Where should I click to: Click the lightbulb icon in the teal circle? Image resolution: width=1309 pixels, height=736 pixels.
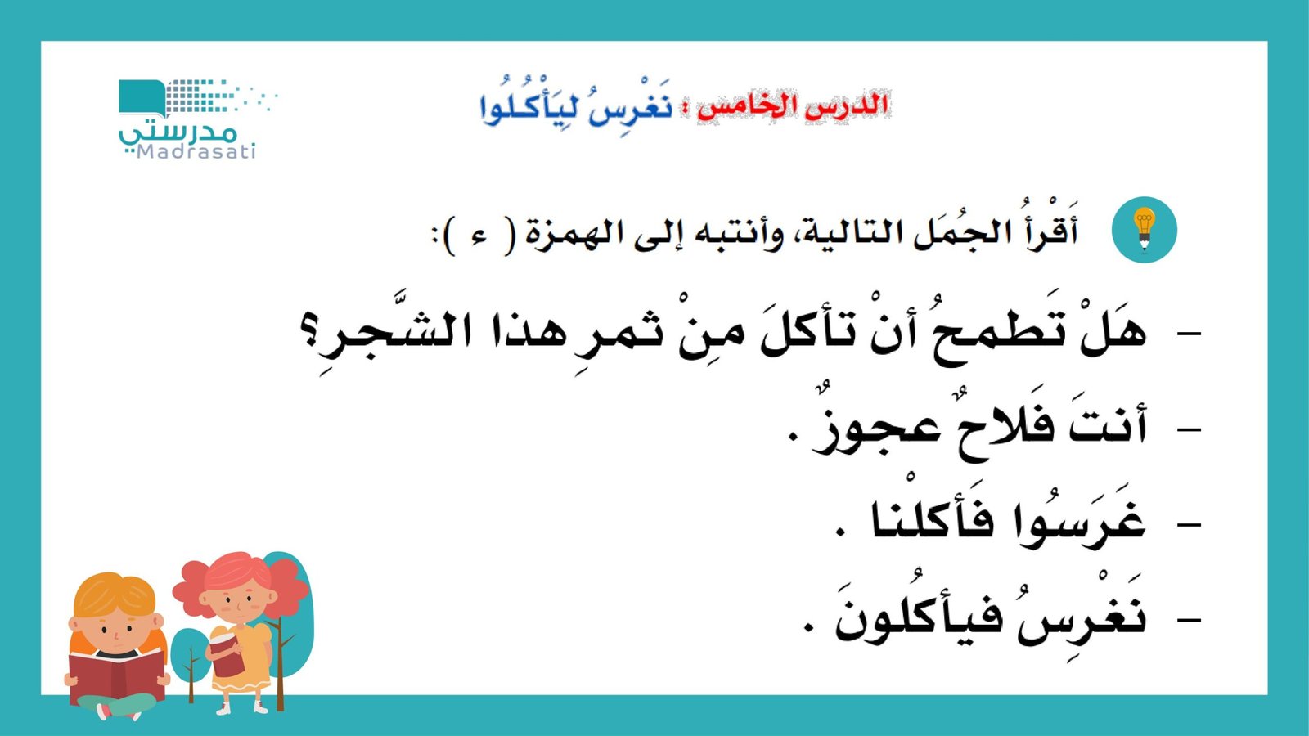tap(1144, 230)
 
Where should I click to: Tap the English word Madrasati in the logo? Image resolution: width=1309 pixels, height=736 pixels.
tap(196, 152)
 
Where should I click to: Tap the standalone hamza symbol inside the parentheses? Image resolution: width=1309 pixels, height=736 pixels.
tap(480, 236)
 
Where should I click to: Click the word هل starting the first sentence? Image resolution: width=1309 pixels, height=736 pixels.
tap(1113, 332)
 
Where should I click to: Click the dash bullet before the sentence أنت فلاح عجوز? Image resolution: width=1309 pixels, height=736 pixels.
tap(1188, 429)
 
